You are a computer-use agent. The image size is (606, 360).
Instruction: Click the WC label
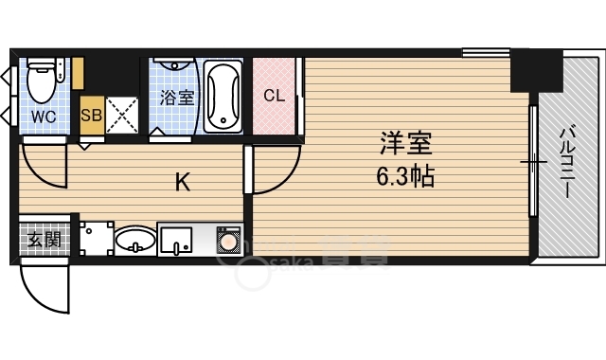click(44, 117)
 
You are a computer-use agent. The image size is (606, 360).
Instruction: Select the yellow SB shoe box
click(92, 115)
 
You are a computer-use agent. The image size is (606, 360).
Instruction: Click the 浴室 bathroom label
click(177, 98)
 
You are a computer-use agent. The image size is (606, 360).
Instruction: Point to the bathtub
click(223, 97)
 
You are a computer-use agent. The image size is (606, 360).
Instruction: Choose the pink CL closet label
click(274, 95)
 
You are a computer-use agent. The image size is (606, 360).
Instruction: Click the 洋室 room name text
click(405, 143)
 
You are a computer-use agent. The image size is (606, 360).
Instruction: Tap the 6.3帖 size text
click(405, 176)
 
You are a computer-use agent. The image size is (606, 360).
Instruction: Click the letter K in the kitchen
click(183, 182)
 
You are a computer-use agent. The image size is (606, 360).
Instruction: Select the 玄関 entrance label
click(45, 240)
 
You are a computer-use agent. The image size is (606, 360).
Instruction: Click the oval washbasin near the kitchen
click(135, 240)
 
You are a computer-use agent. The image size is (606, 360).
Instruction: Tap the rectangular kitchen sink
click(176, 241)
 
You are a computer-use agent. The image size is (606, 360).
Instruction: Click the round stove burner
click(229, 243)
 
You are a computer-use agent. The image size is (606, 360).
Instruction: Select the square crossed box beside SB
click(122, 116)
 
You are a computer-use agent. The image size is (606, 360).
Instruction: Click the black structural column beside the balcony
click(536, 71)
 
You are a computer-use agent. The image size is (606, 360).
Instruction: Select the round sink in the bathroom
click(173, 65)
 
